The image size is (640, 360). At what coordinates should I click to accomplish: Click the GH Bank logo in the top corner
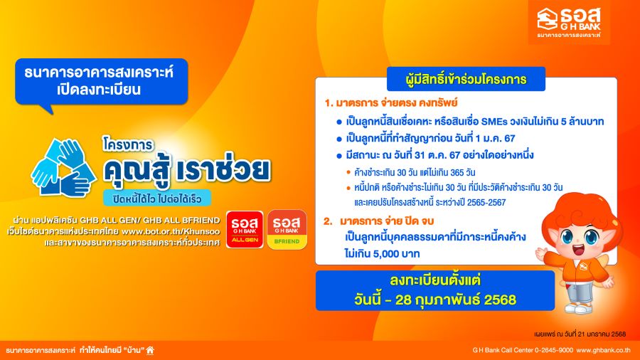pos(569,22)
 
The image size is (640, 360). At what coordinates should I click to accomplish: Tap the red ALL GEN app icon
pos(245,229)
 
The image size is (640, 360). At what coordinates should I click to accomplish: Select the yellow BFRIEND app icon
pos(287,229)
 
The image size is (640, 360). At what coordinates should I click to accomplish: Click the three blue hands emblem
pos(63,168)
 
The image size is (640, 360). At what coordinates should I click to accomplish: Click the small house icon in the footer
pos(150,350)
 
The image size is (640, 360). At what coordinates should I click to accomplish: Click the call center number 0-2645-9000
pos(554,350)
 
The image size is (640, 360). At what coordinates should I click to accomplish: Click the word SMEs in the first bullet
pos(495,122)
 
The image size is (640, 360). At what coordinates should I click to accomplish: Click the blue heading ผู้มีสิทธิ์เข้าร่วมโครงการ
pos(466,79)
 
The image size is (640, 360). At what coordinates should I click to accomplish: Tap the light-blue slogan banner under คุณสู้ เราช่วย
pos(157,198)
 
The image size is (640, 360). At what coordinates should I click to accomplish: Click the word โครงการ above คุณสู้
pos(128,145)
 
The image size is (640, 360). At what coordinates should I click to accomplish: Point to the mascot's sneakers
pos(579,307)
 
